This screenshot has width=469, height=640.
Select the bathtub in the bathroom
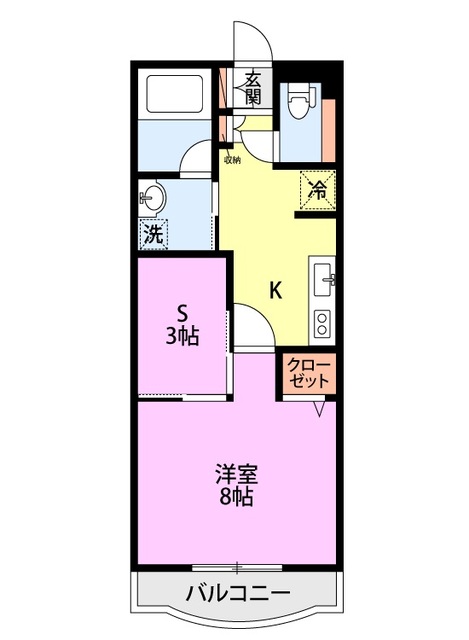[x=176, y=95]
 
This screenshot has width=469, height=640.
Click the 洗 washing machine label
[x=153, y=236]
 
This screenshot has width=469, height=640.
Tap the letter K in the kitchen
[x=275, y=291]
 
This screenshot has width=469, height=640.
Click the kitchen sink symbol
[x=324, y=279]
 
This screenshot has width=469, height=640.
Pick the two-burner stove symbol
[x=322, y=323]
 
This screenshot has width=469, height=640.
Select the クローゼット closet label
[x=309, y=372]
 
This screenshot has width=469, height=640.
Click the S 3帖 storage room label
[x=182, y=326]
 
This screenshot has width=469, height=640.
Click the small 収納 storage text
[x=232, y=159]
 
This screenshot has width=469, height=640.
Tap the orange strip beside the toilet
[x=330, y=120]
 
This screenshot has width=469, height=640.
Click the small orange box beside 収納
[x=224, y=131]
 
